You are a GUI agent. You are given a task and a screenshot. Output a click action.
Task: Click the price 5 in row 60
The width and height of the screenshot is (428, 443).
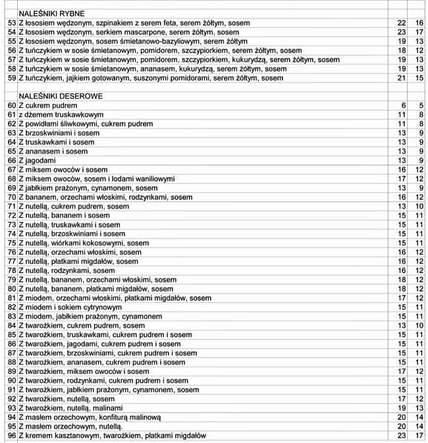[x=420, y=105]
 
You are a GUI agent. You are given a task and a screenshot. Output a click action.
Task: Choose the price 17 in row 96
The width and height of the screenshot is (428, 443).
[x=419, y=436]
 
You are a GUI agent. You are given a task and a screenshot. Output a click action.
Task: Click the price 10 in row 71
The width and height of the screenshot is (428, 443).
[x=419, y=206]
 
